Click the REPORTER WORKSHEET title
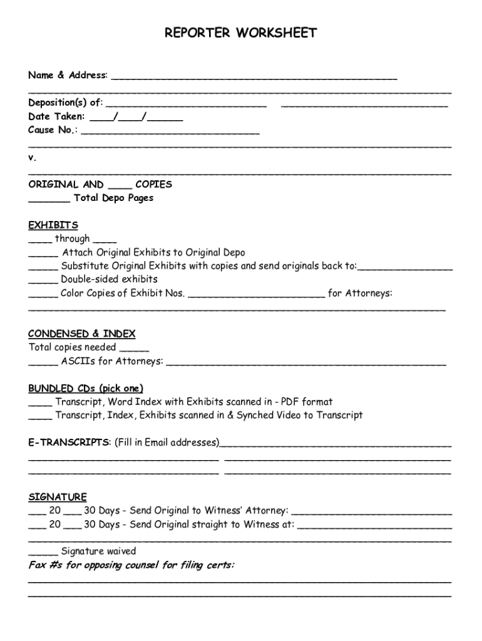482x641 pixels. pyautogui.click(x=240, y=33)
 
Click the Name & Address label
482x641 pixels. pyautogui.click(x=68, y=75)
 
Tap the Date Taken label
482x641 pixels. pyautogui.click(x=56, y=116)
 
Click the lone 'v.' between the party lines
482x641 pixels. pyautogui.click(x=32, y=158)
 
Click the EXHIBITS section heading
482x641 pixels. pyautogui.click(x=53, y=225)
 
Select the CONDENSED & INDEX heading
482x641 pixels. pyautogui.click(x=81, y=334)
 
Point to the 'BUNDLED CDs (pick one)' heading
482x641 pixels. pyautogui.click(x=86, y=388)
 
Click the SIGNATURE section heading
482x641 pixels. pyautogui.click(x=58, y=497)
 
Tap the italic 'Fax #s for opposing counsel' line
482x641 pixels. pyautogui.click(x=131, y=565)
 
